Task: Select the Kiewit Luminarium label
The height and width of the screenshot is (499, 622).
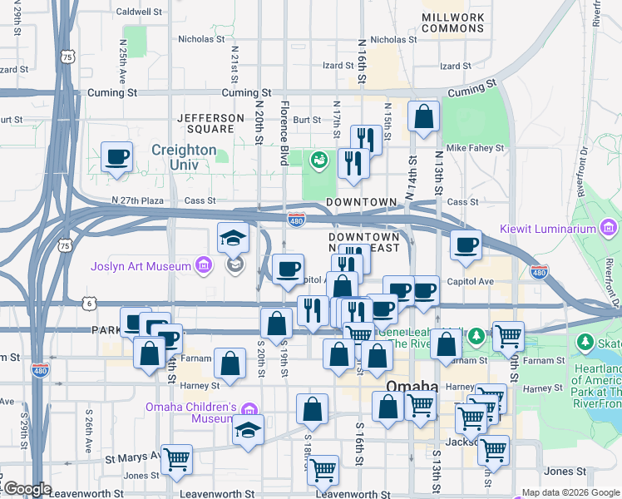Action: (x=550, y=229)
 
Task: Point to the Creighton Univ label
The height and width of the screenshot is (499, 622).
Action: (x=184, y=150)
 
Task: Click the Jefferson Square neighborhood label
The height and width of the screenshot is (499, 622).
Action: (x=206, y=124)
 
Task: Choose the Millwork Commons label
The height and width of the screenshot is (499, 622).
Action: (x=452, y=22)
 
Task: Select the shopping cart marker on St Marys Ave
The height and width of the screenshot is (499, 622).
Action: (x=176, y=459)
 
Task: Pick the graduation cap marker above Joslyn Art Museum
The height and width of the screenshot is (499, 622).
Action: (x=233, y=238)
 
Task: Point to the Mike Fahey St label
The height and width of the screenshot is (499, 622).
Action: (x=475, y=148)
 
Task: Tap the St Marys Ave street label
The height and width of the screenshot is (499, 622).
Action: (x=132, y=457)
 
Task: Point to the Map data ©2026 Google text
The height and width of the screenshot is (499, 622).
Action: (x=570, y=492)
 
